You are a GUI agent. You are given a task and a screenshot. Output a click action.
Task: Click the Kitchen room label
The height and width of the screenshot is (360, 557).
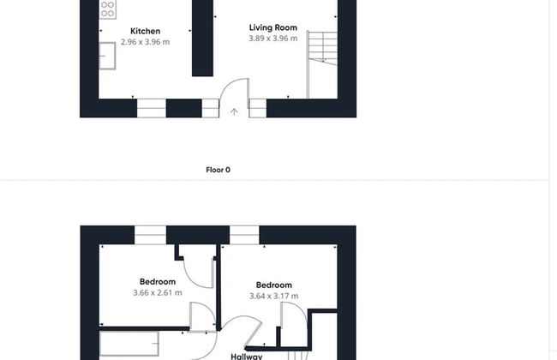145,31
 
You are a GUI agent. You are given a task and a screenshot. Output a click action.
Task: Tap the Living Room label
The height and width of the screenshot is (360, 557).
273,27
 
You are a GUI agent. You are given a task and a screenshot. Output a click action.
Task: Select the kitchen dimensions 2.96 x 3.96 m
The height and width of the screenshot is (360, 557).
145,42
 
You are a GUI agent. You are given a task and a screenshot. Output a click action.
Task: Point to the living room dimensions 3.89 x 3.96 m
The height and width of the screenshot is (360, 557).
273,39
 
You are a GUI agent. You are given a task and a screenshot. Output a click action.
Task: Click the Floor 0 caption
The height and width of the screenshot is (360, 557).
219,170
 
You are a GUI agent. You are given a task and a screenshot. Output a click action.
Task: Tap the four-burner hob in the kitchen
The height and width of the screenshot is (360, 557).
107,9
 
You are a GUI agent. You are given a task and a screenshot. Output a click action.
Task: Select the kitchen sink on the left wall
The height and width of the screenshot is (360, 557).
107,56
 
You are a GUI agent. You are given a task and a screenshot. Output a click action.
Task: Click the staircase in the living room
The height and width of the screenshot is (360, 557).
322,64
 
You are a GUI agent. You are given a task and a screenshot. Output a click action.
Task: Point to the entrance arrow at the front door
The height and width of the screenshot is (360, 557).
234,112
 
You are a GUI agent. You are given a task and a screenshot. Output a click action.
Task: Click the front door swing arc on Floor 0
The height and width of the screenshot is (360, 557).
227,85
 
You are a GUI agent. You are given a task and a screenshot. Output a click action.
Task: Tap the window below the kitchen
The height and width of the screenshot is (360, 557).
152,108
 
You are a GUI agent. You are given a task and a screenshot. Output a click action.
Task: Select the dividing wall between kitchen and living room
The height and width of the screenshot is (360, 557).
202,38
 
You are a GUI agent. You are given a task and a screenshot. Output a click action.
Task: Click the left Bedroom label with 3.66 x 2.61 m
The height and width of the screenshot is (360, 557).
158,282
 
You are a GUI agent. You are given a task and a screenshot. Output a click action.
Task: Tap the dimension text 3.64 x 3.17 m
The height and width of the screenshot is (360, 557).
274,296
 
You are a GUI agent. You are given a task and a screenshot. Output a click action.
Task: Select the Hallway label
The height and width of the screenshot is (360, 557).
247,357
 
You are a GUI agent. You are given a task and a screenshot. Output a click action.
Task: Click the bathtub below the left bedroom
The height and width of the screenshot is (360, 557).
129,344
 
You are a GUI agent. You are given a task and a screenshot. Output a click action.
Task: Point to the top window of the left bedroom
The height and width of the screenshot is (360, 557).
150,235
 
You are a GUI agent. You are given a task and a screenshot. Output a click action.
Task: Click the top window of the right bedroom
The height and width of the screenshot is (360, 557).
244,235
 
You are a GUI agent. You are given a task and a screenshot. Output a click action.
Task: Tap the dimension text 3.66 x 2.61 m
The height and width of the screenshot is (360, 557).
158,293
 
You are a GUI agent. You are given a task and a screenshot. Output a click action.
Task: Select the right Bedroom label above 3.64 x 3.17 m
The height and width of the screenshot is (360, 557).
274,285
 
